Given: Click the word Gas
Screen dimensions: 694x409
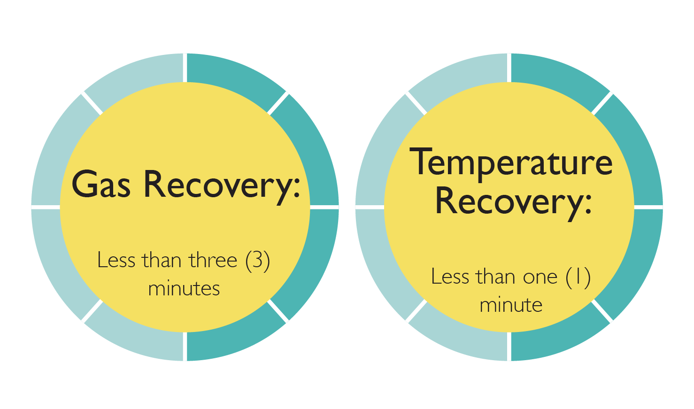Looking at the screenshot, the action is tap(101, 184).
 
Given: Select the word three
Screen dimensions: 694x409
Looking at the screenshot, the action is tap(213, 260).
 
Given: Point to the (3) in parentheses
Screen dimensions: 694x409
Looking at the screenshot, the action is tap(258, 261).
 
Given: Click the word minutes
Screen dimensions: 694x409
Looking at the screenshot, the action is tap(184, 288).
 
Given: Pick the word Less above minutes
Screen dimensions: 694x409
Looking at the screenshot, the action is tap(116, 260).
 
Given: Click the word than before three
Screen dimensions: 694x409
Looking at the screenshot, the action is tap(162, 260).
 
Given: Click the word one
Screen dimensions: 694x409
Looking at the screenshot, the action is tap(540, 277).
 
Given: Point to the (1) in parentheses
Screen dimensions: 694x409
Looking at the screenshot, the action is tap(578, 278).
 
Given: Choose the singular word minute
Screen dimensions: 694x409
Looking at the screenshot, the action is tap(511, 305).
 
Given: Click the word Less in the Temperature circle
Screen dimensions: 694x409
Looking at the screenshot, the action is tap(450, 276).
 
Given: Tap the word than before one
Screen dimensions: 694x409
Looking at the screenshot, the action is tap(496, 276).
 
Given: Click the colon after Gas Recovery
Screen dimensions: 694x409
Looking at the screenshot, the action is tap(297, 187).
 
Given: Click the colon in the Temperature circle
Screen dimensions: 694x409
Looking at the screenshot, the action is tap(588, 203).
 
